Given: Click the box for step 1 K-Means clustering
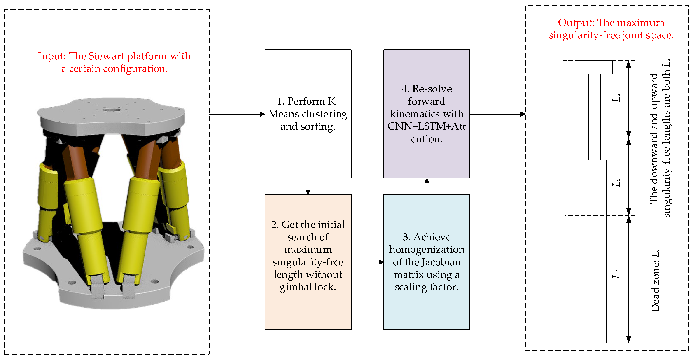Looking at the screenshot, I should pos(308,114).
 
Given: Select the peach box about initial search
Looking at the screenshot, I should pos(308,262).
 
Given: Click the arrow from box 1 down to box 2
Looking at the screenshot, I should pos(308,186).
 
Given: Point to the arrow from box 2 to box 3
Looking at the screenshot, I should pos(367,262).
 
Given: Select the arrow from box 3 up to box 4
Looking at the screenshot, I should pos(427,186).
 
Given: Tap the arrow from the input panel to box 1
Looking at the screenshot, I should pos(237,114).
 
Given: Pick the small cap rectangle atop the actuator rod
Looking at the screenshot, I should pos(594,67).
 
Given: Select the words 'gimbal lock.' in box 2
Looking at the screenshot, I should pos(308,287).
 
